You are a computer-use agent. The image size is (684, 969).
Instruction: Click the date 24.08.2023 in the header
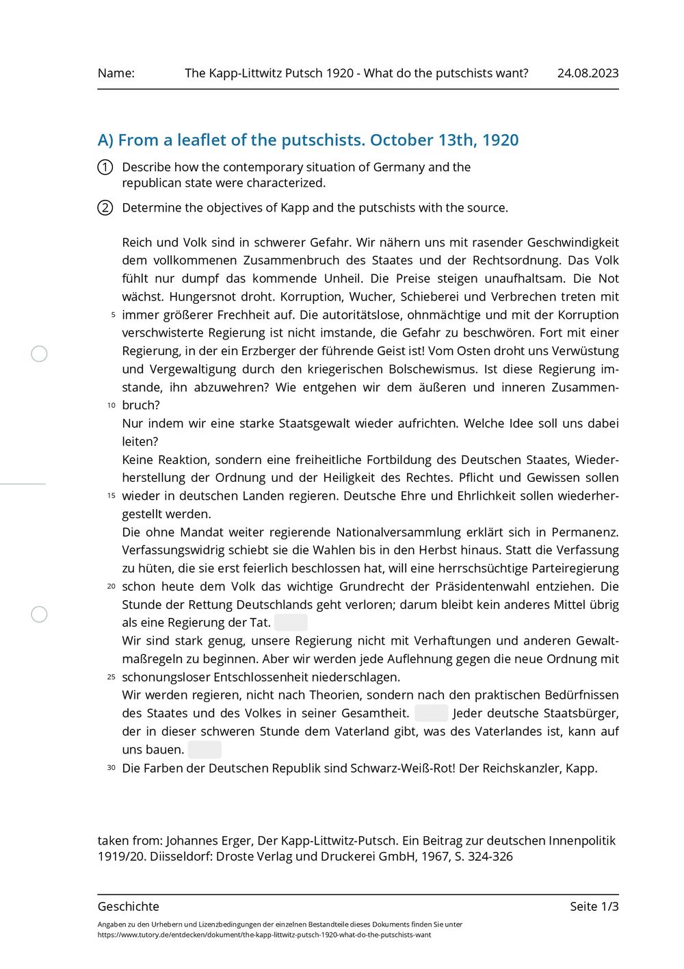click(x=588, y=73)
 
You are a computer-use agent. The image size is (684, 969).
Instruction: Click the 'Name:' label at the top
click(x=116, y=73)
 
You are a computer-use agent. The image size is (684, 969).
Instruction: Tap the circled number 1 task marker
click(x=105, y=167)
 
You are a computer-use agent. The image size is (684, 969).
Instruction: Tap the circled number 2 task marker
click(x=105, y=208)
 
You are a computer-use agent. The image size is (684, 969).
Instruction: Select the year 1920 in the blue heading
click(x=500, y=140)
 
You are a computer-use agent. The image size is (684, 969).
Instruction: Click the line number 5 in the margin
click(x=113, y=315)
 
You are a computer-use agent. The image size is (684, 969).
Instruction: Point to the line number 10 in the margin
click(x=111, y=405)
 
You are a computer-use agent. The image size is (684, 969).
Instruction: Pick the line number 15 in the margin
click(x=111, y=495)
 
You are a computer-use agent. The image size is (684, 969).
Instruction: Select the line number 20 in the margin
click(x=111, y=586)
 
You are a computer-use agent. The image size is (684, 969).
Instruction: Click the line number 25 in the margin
click(x=111, y=677)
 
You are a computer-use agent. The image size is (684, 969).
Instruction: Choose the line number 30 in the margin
click(x=111, y=768)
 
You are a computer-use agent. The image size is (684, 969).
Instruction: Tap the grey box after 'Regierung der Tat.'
click(x=291, y=623)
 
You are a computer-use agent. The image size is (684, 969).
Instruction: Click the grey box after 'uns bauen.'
click(x=205, y=749)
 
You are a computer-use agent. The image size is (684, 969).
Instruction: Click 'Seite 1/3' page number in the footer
click(x=594, y=907)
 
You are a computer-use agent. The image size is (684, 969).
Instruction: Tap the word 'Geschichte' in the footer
click(x=129, y=907)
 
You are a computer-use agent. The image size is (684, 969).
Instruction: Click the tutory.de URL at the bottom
click(x=264, y=935)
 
